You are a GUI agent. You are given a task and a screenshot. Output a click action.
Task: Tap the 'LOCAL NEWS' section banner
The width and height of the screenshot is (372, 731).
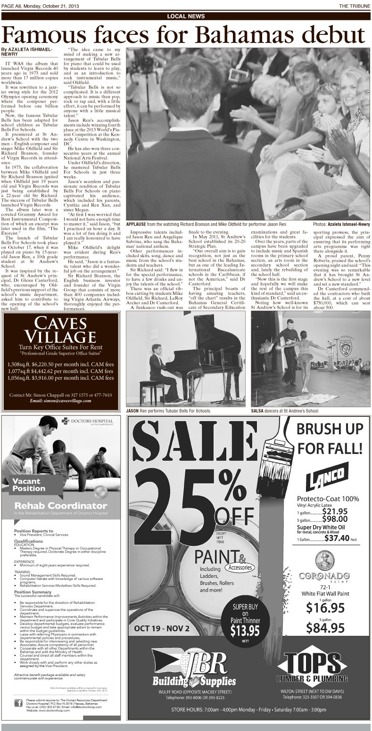(x=186, y=16)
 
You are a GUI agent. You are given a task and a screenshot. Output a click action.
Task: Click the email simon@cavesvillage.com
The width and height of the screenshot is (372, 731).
(x=60, y=400)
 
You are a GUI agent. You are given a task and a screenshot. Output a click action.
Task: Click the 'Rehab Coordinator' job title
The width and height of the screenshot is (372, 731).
(x=54, y=505)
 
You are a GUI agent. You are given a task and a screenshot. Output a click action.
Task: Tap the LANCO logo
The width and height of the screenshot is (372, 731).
(x=326, y=477)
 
